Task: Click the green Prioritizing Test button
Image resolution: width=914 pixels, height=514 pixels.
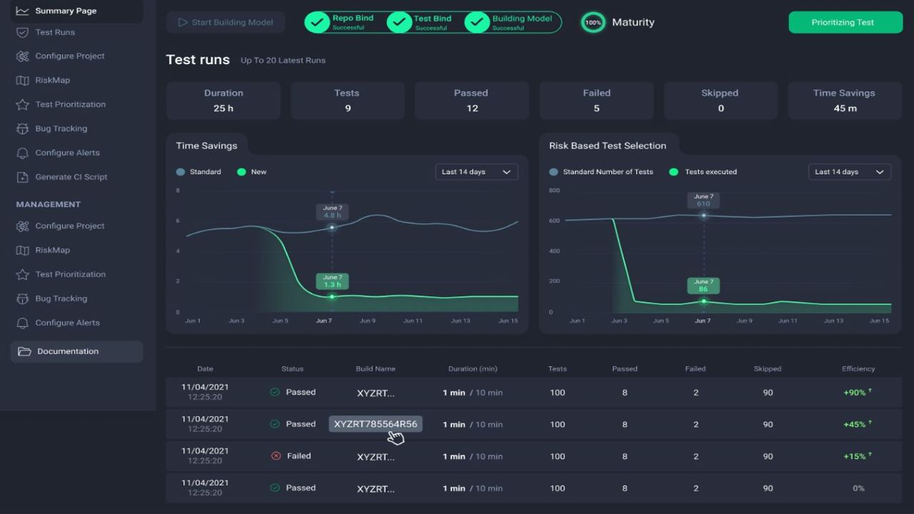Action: click(843, 22)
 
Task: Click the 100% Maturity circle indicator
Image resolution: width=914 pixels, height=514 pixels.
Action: click(593, 22)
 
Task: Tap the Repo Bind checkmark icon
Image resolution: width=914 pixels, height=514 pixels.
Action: click(317, 22)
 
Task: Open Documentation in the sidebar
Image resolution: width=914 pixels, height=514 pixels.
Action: click(68, 351)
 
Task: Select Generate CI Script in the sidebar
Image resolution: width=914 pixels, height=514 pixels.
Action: click(71, 177)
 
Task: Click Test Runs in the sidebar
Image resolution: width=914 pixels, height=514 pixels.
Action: click(55, 32)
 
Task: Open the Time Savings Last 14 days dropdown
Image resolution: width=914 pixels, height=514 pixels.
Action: click(476, 172)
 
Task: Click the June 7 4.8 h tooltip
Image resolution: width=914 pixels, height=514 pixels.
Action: click(332, 211)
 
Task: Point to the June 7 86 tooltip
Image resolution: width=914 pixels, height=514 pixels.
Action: click(703, 286)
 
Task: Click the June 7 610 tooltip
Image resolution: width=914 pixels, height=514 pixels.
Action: click(703, 200)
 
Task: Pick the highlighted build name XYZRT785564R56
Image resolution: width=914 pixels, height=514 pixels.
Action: click(376, 424)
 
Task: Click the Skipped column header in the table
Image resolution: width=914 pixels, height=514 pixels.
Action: click(768, 369)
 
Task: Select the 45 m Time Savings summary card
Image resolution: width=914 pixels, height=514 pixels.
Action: click(844, 101)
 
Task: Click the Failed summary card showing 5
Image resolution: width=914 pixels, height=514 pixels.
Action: click(596, 101)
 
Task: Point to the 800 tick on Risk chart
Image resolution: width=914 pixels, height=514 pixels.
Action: click(554, 191)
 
